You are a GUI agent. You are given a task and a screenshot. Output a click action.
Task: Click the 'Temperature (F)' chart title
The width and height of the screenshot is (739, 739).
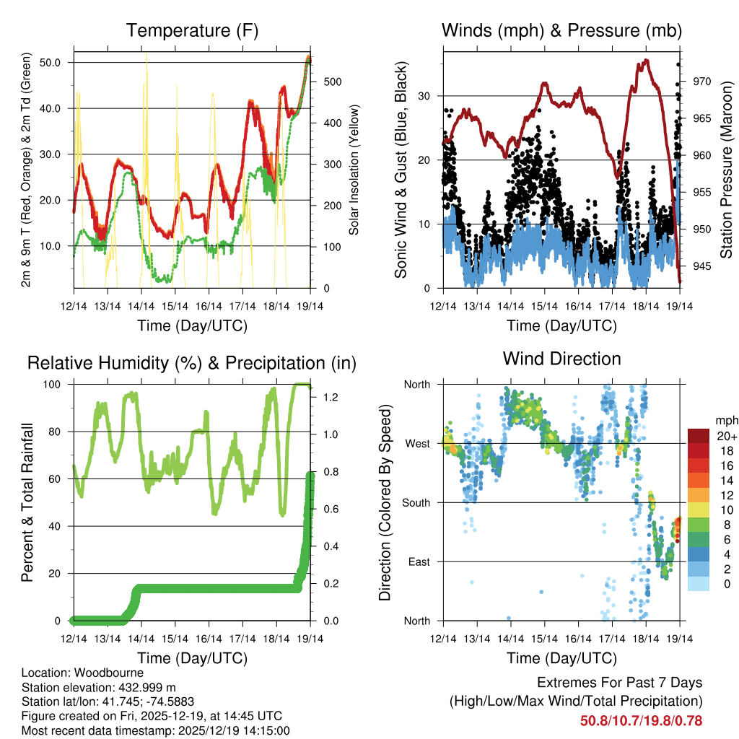[191, 30]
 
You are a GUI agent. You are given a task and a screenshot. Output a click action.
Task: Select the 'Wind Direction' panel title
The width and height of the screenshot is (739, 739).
[561, 358]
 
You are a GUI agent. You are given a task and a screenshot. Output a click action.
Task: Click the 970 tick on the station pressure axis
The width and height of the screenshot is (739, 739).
[702, 81]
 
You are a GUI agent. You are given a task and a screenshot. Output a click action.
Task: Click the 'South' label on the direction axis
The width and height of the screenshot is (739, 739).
[416, 502]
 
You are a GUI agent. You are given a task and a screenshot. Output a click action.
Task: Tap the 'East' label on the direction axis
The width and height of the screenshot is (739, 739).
[419, 561]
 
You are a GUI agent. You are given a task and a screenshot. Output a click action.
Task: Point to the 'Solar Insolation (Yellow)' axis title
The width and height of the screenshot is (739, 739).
[354, 170]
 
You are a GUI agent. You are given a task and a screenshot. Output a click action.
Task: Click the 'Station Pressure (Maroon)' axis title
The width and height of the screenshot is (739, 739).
[726, 170]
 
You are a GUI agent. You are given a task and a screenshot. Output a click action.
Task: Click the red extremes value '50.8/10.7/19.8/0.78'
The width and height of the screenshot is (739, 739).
[641, 720]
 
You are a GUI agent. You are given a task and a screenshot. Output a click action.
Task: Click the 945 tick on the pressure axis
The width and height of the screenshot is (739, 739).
[702, 266]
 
